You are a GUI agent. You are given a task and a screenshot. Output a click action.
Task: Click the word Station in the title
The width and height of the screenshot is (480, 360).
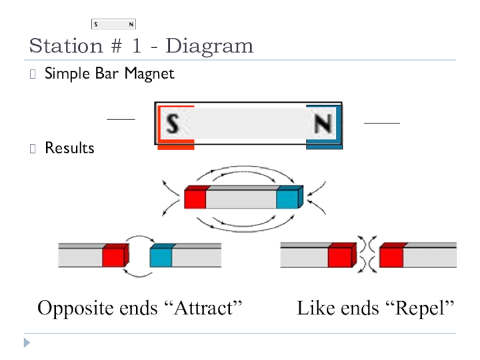coord(58,46)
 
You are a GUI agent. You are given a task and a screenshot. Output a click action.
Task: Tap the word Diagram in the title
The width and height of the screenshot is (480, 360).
coord(209,46)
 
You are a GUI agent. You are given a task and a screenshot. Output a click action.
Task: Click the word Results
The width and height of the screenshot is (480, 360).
coord(70,148)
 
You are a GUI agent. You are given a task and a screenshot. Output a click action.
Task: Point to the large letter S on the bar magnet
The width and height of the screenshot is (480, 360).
coord(173,124)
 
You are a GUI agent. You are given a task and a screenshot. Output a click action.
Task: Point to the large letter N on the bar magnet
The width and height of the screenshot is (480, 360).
coord(323,124)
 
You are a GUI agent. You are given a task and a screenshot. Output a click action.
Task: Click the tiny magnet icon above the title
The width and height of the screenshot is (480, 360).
coord(114,25)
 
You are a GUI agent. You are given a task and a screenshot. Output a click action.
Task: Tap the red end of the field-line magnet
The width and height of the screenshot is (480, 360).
coord(196,198)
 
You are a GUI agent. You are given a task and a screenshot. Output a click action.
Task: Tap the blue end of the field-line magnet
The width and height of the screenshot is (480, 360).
coord(289,198)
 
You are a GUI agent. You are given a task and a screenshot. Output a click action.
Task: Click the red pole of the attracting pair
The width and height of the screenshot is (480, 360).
coord(114,256)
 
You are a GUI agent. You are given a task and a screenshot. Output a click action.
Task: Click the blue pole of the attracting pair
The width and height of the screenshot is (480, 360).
coord(161,256)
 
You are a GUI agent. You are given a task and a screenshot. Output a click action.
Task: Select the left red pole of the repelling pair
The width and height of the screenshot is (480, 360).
coord(340,256)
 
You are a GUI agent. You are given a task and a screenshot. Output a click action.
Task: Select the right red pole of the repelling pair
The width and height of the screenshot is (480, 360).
coord(391,256)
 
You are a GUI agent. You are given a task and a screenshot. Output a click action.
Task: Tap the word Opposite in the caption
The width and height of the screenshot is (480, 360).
coord(74,308)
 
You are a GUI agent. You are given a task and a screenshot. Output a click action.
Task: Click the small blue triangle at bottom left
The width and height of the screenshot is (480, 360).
coord(26,344)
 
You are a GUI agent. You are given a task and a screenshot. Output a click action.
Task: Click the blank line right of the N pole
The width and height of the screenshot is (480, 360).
coord(382,122)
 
